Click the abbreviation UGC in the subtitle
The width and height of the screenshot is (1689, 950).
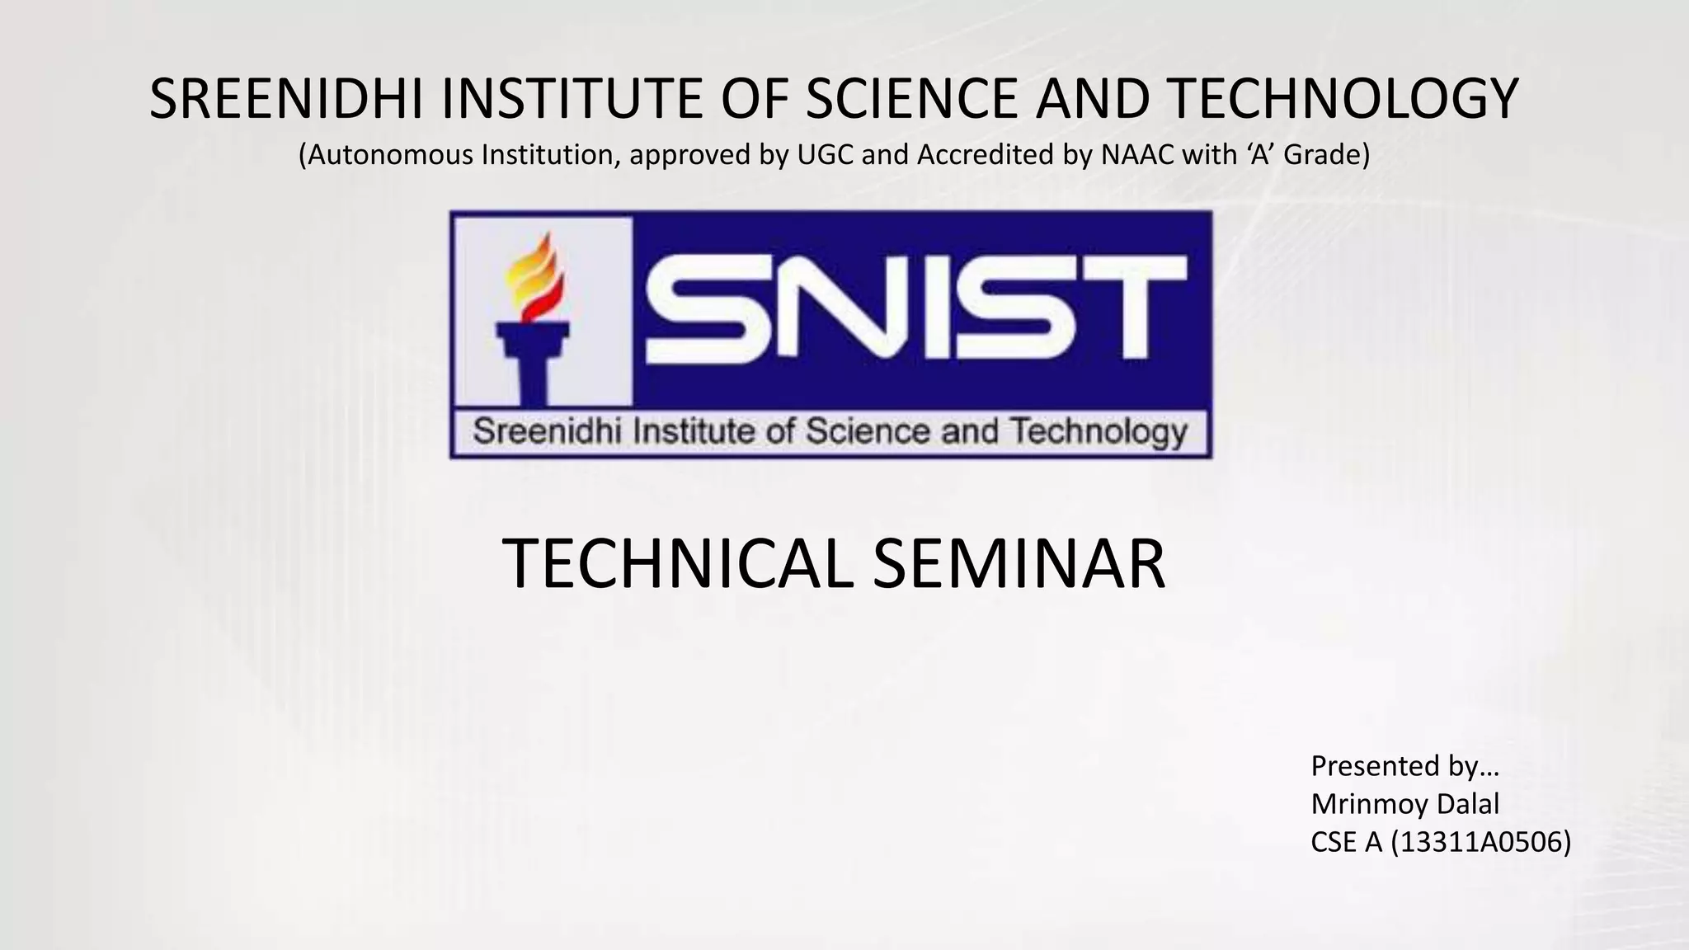point(826,155)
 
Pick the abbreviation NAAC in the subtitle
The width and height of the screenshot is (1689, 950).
point(1137,155)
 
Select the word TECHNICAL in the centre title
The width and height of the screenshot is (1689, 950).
point(677,564)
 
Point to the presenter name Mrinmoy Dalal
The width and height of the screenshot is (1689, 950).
point(1404,804)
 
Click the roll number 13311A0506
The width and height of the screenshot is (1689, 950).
point(1480,842)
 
